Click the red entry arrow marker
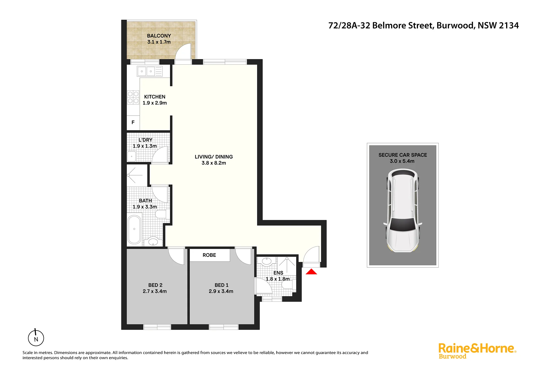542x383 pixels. [x=311, y=272]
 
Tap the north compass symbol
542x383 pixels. [x=36, y=338]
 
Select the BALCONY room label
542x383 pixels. [x=159, y=36]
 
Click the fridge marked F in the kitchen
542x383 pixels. [x=133, y=122]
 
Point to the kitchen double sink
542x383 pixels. [x=150, y=71]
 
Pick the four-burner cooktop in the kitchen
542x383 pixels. [x=133, y=97]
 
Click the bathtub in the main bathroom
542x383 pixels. [x=134, y=229]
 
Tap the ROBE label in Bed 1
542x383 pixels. [x=209, y=255]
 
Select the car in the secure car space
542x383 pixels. [x=402, y=210]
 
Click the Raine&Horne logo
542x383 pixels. [x=477, y=351]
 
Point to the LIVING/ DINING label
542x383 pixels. [x=214, y=157]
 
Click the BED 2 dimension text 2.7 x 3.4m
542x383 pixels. [x=155, y=291]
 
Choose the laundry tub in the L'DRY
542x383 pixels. [x=132, y=156]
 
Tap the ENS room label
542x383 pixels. [x=278, y=273]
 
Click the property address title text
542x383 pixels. [x=423, y=25]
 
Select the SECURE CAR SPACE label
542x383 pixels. [x=403, y=155]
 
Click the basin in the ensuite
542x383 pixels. [x=266, y=261]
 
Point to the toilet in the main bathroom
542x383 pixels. [x=162, y=214]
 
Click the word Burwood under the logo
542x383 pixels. [x=452, y=356]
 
